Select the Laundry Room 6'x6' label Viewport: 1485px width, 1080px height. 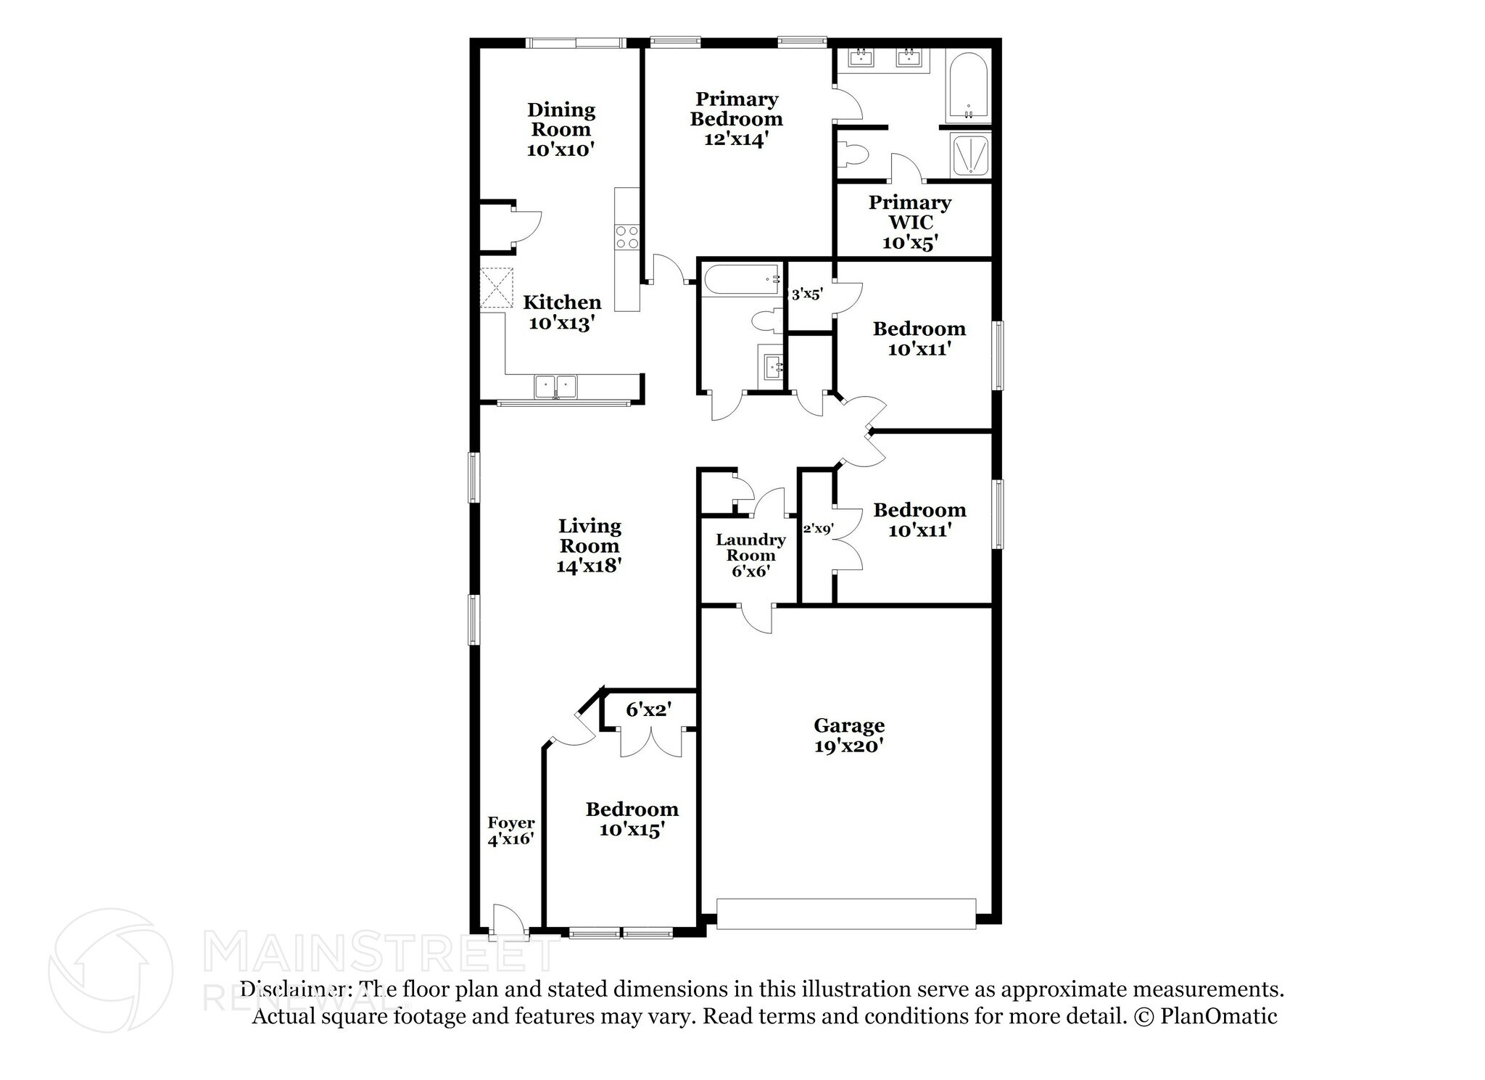coord(750,555)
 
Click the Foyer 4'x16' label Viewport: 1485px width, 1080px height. coord(510,830)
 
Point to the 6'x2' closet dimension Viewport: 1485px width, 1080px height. coord(649,709)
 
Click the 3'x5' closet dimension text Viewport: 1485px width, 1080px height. coord(806,294)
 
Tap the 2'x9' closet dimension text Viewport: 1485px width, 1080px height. coord(817,529)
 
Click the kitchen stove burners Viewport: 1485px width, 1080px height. coord(627,237)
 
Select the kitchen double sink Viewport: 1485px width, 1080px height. coord(555,386)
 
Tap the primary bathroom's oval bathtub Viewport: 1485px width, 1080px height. coord(967,87)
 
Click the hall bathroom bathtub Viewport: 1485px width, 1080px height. coord(740,280)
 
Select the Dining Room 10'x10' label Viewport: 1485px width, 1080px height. coord(561,130)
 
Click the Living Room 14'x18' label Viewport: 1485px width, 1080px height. coord(589,545)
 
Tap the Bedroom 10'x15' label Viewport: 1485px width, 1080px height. coord(632,819)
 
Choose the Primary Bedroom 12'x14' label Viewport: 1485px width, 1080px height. coord(736,119)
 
